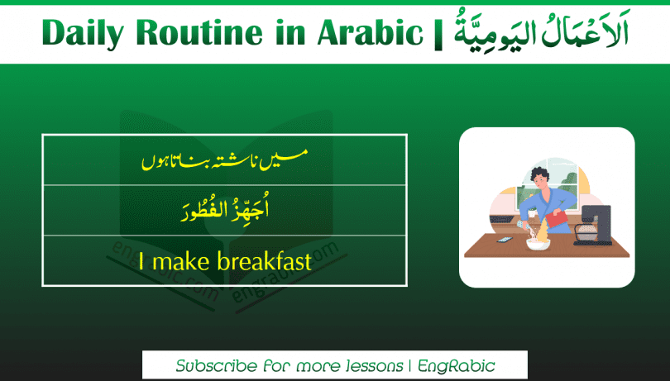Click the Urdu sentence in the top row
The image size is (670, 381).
(x=224, y=158)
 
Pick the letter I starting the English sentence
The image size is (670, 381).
(x=142, y=262)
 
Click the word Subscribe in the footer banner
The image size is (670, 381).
(x=217, y=365)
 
